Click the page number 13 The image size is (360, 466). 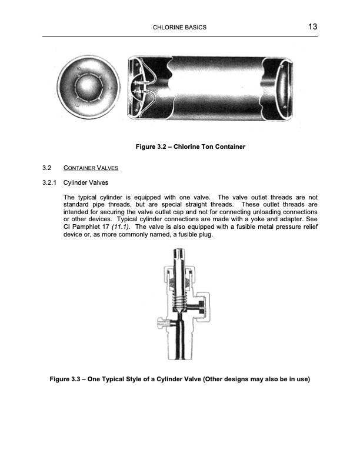[312, 27]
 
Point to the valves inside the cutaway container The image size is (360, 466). [143, 91]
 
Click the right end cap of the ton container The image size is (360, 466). [282, 88]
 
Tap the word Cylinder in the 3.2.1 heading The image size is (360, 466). [76, 182]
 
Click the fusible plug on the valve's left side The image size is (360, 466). [164, 322]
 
